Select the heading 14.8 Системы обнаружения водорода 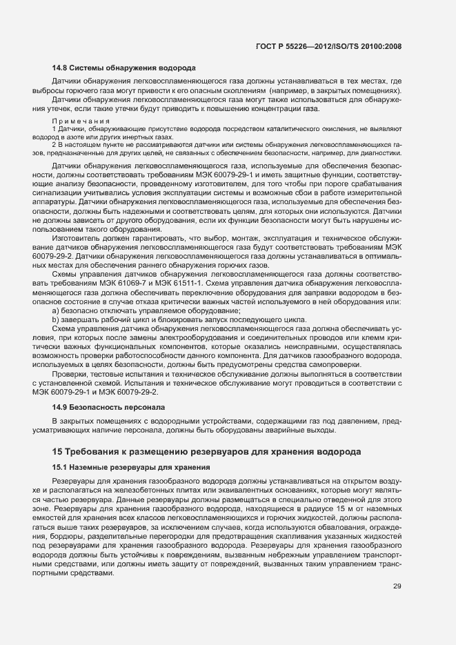pos(124,68)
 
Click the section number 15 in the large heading pos(57,452)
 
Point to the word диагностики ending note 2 pos(379,153)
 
